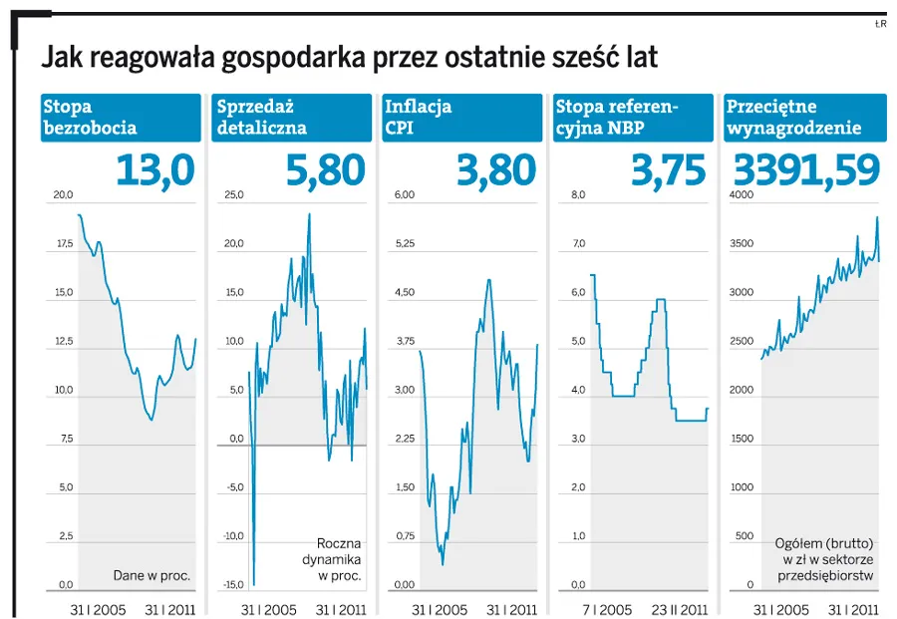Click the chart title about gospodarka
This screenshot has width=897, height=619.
click(349, 58)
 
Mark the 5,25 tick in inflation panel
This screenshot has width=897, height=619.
click(404, 244)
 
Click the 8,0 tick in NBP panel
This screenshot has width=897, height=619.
click(578, 195)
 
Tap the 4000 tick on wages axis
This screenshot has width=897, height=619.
click(741, 195)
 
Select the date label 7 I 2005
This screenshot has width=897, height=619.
click(606, 608)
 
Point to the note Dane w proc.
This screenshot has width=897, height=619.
click(151, 575)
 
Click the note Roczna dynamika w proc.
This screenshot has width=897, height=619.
click(339, 559)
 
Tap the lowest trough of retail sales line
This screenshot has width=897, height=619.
click(254, 585)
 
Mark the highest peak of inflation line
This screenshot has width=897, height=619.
click(488, 279)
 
